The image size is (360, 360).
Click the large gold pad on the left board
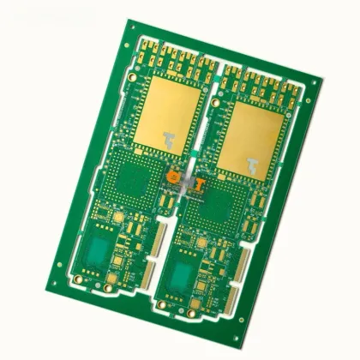[171, 112]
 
